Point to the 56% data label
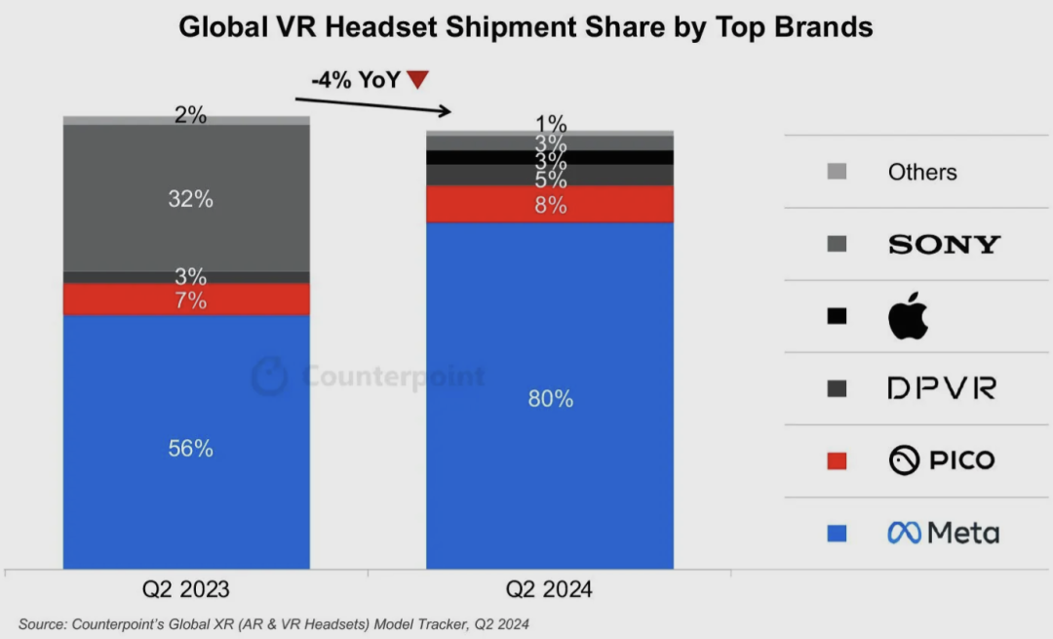pos(190,449)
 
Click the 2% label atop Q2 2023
pos(190,115)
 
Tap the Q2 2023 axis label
pos(186,589)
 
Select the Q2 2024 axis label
pos(549,589)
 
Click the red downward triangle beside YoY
pos(417,80)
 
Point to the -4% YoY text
pos(356,80)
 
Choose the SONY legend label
pos(944,244)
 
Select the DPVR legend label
pos(941,388)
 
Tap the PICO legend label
pos(942,460)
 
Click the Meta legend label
pos(943,533)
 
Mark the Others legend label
pos(922,172)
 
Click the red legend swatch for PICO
pos(836,460)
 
